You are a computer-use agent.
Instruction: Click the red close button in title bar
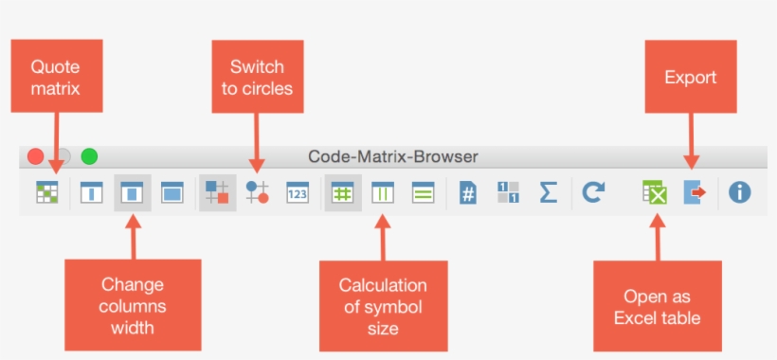(36, 157)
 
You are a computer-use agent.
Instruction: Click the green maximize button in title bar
(89, 157)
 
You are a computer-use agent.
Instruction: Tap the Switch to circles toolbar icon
(257, 192)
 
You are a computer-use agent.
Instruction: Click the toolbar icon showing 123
(298, 192)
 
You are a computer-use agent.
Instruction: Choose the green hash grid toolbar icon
(342, 192)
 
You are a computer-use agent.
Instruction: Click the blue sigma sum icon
(548, 192)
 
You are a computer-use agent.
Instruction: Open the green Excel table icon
(654, 192)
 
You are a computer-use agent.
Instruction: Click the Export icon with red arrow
(696, 192)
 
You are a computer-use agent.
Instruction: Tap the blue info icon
(739, 192)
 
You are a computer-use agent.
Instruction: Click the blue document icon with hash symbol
(467, 192)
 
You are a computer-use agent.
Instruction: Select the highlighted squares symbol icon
(217, 192)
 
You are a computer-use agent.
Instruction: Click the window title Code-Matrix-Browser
(393, 156)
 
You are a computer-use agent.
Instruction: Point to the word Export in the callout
(690, 77)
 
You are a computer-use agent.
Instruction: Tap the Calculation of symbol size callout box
(383, 306)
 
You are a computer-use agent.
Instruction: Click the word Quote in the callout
(55, 67)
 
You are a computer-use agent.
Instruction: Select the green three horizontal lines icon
(423, 192)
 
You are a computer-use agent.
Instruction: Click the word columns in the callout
(133, 306)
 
